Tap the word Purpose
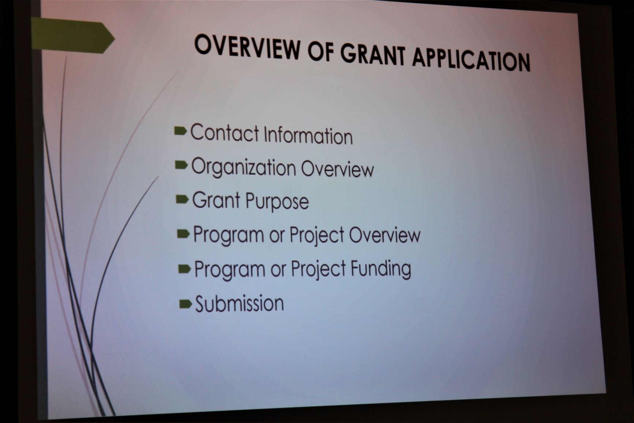click(277, 202)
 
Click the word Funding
click(381, 269)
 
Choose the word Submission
click(239, 304)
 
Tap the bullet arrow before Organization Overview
click(182, 165)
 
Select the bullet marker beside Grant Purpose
click(182, 200)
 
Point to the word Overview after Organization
click(337, 169)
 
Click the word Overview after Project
click(385, 235)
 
